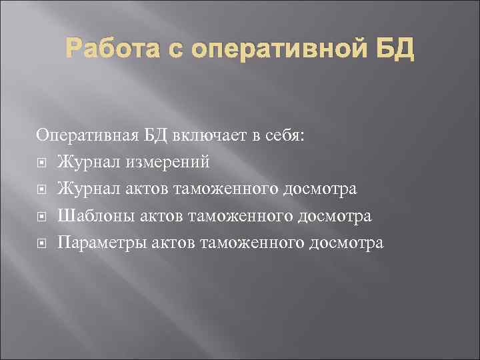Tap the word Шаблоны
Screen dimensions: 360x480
pyautogui.click(x=91, y=216)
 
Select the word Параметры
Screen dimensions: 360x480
pyautogui.click(x=97, y=243)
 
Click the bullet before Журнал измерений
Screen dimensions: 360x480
pyautogui.click(x=42, y=163)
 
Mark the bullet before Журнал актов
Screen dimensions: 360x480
pyautogui.click(x=42, y=190)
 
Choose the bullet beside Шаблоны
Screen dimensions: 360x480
pyautogui.click(x=42, y=217)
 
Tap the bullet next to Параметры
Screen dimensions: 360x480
pyautogui.click(x=42, y=243)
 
